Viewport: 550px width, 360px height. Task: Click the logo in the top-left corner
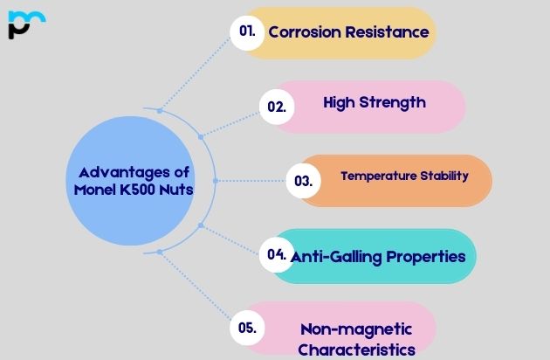pos(26,23)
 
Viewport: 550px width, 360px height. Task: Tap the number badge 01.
pos(247,31)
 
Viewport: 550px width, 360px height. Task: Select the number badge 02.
pos(277,107)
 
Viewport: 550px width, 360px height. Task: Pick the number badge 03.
pos(304,182)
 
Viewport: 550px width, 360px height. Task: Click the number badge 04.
pos(278,254)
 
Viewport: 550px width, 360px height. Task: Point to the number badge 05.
pos(247,328)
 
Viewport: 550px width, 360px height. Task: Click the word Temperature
pos(378,176)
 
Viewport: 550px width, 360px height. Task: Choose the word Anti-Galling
pos(334,257)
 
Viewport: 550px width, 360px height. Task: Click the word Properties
pos(428,257)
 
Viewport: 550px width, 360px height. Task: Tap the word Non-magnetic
pos(355,329)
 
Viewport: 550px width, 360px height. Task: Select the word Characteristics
pos(356,350)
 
